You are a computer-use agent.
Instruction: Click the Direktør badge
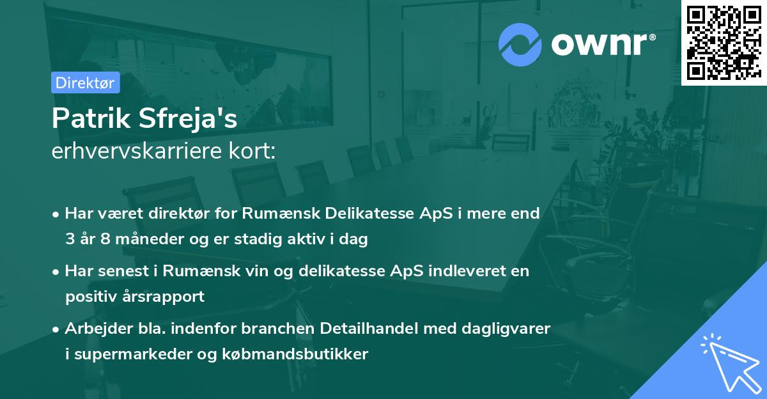85,82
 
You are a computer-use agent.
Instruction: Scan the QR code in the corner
724,42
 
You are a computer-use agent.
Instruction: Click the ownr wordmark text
603,43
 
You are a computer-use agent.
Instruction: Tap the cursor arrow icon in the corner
731,363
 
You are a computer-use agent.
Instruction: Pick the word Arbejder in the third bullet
93,328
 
